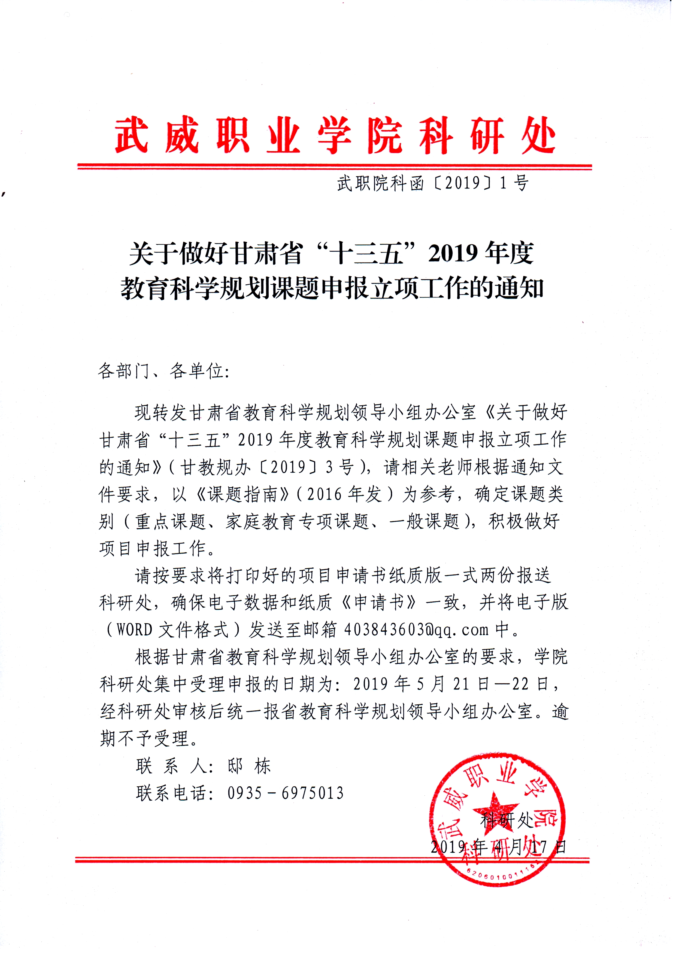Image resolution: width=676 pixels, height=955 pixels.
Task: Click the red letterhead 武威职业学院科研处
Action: pyautogui.click(x=335, y=135)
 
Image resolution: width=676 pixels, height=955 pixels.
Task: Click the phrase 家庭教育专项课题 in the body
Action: pyautogui.click(x=297, y=521)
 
